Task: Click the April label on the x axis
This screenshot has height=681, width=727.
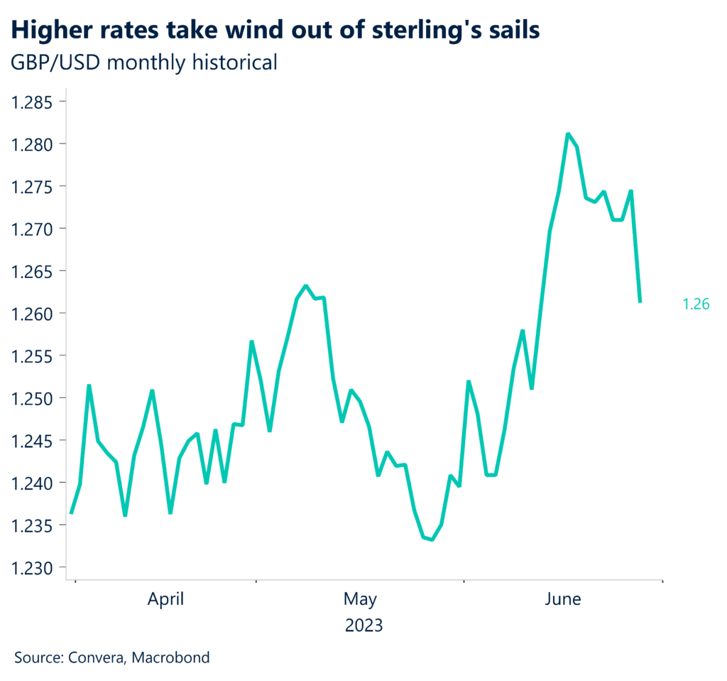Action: tap(165, 599)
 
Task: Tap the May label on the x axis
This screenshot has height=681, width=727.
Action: tap(360, 599)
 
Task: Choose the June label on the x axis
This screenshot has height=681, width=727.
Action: tap(562, 599)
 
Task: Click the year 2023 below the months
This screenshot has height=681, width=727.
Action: tap(363, 626)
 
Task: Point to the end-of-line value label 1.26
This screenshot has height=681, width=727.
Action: tap(696, 304)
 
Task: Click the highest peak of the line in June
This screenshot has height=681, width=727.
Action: tap(568, 134)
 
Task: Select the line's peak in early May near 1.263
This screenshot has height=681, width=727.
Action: tap(305, 286)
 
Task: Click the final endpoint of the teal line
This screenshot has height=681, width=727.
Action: tap(640, 302)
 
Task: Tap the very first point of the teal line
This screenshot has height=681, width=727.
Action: tap(71, 513)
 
